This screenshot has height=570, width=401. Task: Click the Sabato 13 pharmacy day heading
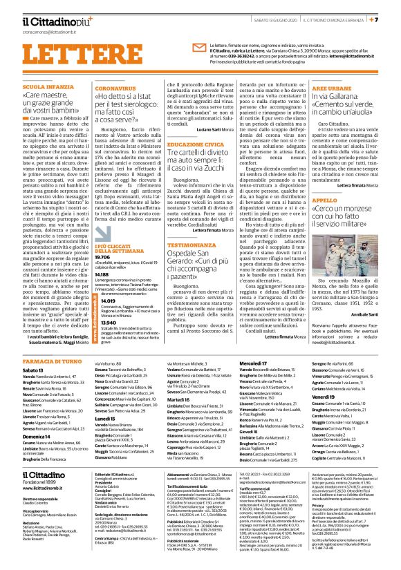tap(34, 370)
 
